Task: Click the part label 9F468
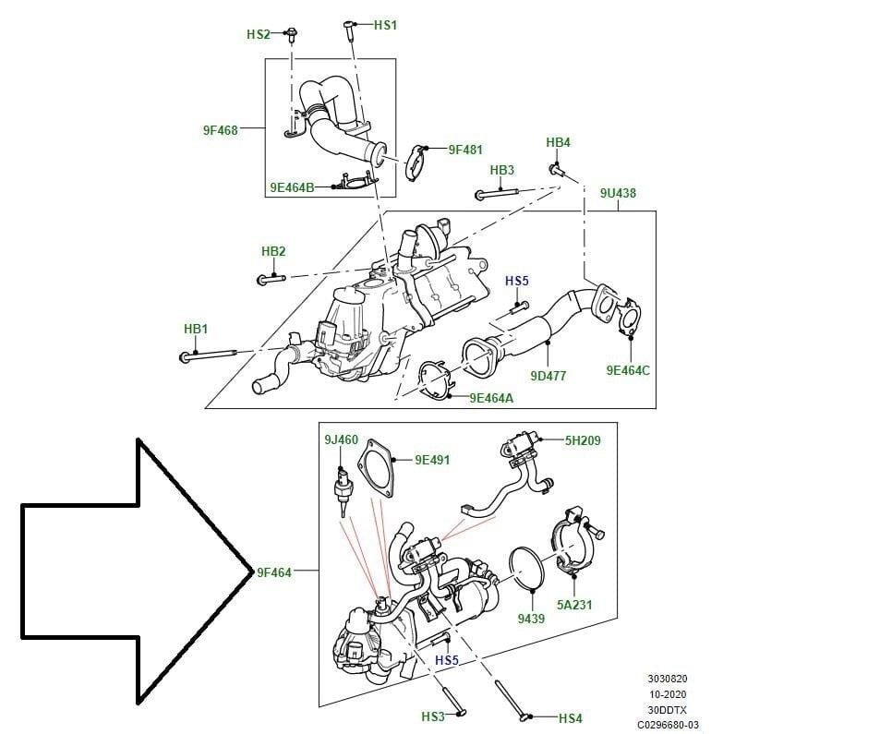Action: point(220,130)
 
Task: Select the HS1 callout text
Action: point(385,25)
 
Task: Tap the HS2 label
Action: point(258,34)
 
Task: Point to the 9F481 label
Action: point(465,149)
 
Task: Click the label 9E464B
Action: point(292,187)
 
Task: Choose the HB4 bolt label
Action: point(558,142)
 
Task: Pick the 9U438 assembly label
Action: point(618,193)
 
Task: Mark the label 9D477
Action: point(548,376)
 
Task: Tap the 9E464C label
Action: point(628,370)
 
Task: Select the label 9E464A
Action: point(491,398)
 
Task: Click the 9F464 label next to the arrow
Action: point(273,572)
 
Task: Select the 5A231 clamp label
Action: point(573,605)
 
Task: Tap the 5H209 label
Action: point(583,440)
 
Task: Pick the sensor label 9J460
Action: point(341,439)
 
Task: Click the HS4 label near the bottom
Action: point(571,717)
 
